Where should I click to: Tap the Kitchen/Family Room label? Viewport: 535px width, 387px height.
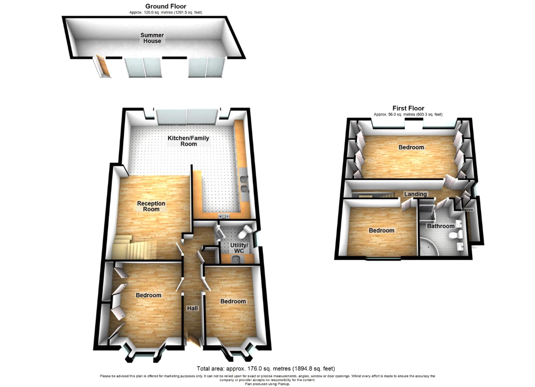[188, 141]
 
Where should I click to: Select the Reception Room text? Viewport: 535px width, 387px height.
[151, 206]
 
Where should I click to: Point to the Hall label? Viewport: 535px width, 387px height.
[192, 309]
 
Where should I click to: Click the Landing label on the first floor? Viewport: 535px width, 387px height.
[415, 194]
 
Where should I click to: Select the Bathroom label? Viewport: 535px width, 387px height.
[440, 226]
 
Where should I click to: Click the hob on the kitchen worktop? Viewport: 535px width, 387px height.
[224, 217]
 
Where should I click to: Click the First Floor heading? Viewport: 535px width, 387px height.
[408, 108]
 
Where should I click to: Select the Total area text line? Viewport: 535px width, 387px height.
[266, 368]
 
